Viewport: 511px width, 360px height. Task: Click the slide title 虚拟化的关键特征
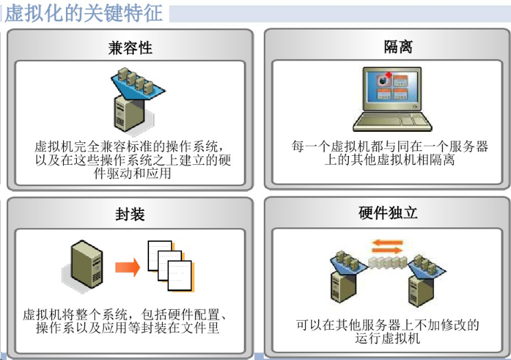84,14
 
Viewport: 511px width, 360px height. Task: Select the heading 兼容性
130,48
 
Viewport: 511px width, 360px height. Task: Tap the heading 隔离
398,47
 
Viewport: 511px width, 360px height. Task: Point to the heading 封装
130,214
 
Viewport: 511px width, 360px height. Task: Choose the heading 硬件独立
388,213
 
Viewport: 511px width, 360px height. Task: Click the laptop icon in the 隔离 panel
392,99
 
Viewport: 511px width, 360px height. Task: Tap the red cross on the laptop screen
389,75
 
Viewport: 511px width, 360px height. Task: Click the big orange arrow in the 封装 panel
128,267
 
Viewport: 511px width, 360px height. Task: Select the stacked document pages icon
171,266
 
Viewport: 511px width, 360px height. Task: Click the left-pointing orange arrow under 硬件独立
387,243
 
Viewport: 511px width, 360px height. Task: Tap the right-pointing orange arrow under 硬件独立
387,251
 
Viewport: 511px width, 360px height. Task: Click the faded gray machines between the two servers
388,262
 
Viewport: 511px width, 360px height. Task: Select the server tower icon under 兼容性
129,114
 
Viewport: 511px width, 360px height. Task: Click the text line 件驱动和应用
133,173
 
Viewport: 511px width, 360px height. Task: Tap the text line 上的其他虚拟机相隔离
389,160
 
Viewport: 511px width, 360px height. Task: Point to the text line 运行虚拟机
387,338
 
